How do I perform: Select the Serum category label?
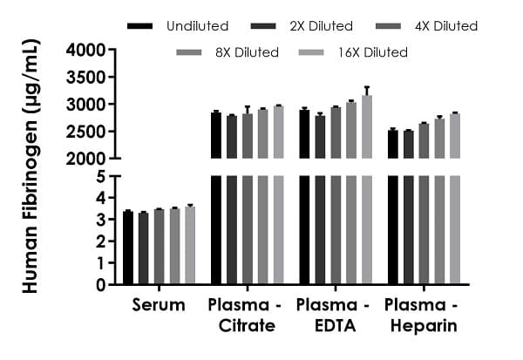tap(159, 305)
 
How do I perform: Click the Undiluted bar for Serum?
tap(128, 248)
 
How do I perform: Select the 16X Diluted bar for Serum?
tap(190, 246)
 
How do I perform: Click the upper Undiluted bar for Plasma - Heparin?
tap(393, 145)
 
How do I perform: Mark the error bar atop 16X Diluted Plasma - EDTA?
tap(366, 91)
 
